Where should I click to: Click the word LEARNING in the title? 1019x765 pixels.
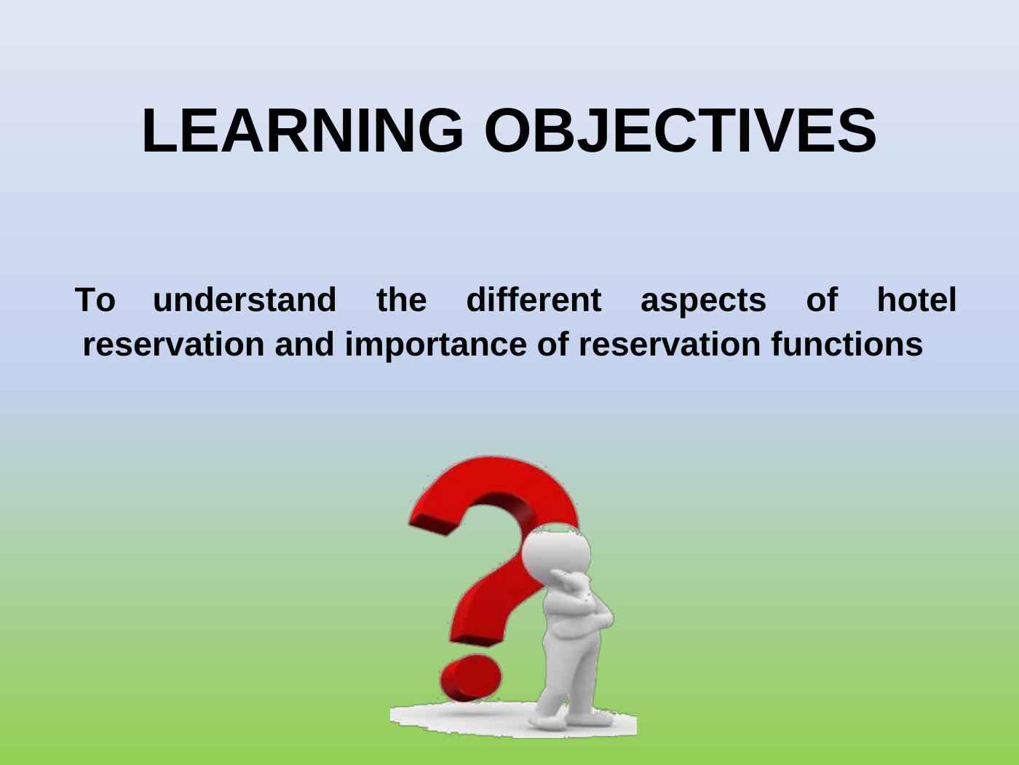tap(303, 130)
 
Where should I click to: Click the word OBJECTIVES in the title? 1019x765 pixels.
tap(681, 130)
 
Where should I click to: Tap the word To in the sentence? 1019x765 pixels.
tap(95, 300)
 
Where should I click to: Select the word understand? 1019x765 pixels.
tap(244, 299)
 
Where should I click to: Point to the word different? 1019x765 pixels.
tap(534, 299)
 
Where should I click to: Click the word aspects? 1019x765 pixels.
tap(703, 302)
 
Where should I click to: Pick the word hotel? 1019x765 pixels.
tap(917, 299)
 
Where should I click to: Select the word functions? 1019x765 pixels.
tap(847, 344)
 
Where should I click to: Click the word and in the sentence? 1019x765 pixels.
tap(304, 344)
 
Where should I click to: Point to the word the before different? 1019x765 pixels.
tap(402, 299)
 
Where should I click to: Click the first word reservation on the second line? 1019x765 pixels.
tap(174, 345)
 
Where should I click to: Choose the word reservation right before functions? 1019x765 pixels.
tap(670, 345)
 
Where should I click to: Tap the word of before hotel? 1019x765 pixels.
tap(822, 299)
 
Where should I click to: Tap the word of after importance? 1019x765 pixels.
tap(553, 344)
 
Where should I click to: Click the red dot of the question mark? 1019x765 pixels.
tap(471, 678)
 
